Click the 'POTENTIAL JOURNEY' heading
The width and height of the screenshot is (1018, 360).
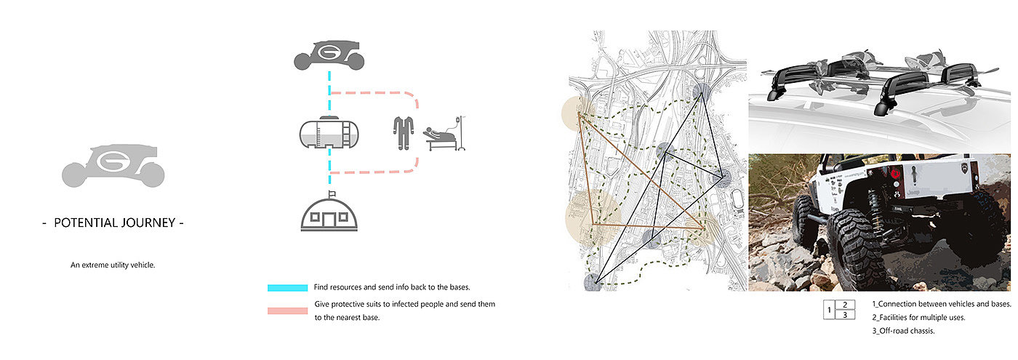pos(113,223)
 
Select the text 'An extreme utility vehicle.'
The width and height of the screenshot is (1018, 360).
pos(113,265)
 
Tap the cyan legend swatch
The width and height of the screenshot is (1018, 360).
pos(289,287)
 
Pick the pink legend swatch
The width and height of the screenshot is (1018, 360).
pos(289,311)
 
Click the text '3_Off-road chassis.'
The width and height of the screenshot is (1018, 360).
pos(905,331)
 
